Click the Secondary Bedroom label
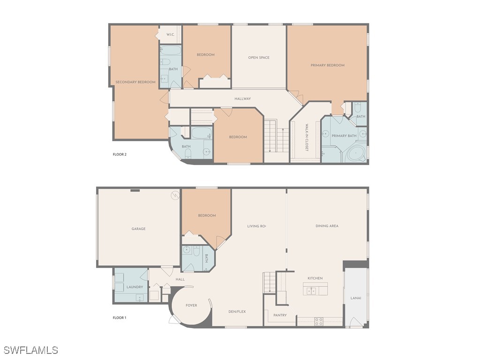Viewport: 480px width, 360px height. click(x=135, y=82)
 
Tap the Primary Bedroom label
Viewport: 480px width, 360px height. click(x=327, y=65)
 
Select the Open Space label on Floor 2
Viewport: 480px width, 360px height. click(x=259, y=58)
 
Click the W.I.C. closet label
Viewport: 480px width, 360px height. click(x=170, y=35)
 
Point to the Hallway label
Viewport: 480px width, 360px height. click(x=243, y=99)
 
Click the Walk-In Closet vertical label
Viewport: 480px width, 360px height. click(x=307, y=137)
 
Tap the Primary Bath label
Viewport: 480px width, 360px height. click(x=344, y=136)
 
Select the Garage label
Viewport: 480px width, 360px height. click(x=138, y=229)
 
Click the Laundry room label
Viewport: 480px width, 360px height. click(x=135, y=287)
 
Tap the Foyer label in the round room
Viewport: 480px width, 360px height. click(x=191, y=306)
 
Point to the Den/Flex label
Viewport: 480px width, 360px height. click(x=237, y=312)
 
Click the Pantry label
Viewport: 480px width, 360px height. click(x=280, y=315)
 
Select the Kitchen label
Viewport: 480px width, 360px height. click(x=315, y=278)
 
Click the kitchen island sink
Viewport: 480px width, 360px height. click(x=311, y=291)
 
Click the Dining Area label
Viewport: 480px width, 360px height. click(x=327, y=226)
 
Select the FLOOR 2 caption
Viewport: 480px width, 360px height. click(x=120, y=154)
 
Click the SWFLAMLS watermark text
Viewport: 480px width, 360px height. click(x=30, y=350)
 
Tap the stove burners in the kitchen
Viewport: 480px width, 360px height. click(x=318, y=322)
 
